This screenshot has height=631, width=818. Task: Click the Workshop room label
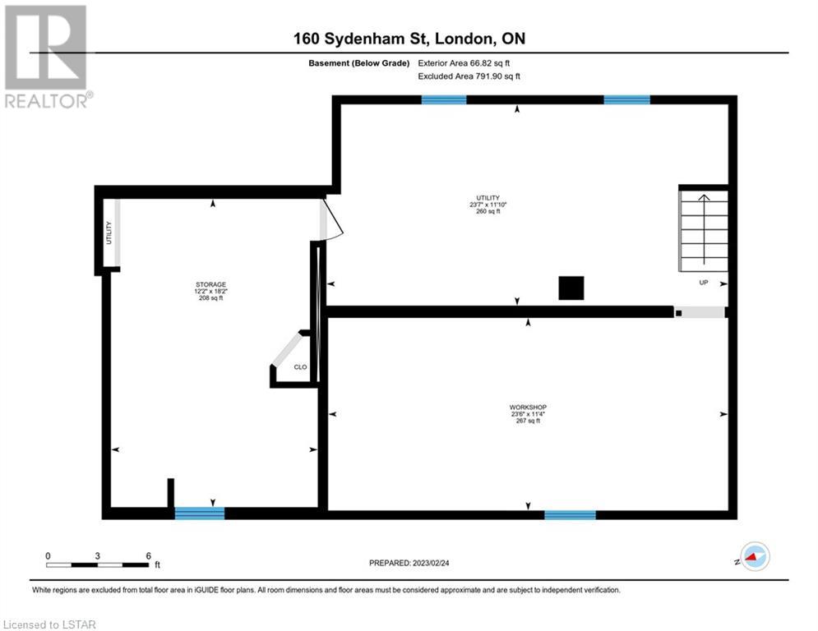pos(528,413)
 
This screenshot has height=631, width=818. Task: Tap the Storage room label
pos(210,291)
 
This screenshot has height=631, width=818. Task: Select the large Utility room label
pos(488,205)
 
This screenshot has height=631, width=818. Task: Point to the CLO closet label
pos(301,367)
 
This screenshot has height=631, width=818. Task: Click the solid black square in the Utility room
pos(571,288)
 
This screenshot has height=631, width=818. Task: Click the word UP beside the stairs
pos(704,283)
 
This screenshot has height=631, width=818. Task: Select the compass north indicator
pos(755,556)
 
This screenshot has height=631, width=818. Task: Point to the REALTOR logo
pos(47,57)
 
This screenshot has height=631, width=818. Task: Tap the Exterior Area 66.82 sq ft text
pos(464,63)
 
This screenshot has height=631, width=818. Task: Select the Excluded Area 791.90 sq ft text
pos(469,76)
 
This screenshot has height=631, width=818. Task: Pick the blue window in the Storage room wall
pos(199,514)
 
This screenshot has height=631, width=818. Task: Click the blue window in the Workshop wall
pos(571,515)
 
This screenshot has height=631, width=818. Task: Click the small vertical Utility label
pos(109,233)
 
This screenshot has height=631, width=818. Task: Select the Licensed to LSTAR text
pos(49,624)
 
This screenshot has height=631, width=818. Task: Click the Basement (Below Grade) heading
pos(359,63)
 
